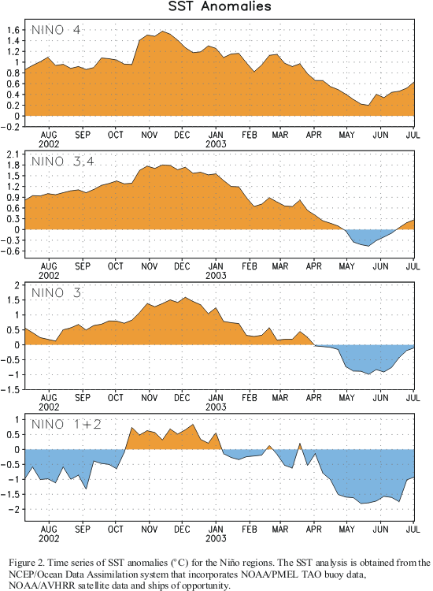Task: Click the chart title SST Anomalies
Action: pos(220,6)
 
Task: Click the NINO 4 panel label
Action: pos(56,30)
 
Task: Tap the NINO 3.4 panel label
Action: pos(62,162)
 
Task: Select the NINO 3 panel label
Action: pos(56,293)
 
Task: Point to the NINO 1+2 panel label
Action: pos(66,425)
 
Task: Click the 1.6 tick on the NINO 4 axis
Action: pos(13,30)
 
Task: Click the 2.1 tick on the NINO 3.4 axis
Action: pos(13,154)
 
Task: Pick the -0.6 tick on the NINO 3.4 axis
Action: pos(11,251)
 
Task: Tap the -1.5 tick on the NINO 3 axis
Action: pos(11,390)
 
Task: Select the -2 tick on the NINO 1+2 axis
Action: pos(14,510)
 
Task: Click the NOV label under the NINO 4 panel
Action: pos(150,135)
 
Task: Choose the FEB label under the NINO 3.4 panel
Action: pos(250,266)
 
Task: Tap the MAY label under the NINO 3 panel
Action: pos(346,398)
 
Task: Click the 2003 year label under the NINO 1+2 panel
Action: pos(216,539)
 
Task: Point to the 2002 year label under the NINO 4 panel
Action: pos(49,144)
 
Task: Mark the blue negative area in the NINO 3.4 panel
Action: pos(367,236)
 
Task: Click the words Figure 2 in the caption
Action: pos(26,563)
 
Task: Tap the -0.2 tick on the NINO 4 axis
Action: pos(11,127)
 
